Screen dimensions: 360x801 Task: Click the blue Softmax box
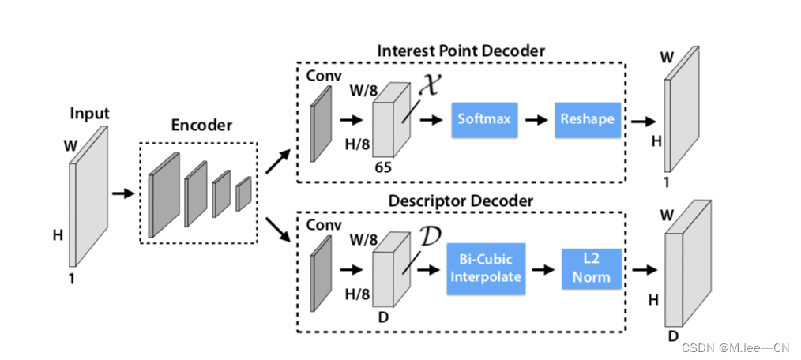point(483,121)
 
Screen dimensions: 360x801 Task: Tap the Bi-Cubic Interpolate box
point(485,269)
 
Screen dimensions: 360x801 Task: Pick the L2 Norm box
point(592,269)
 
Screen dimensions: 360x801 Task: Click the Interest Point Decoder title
point(461,51)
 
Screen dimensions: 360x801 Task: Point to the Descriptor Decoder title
point(449,201)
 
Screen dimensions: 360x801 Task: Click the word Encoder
point(201,125)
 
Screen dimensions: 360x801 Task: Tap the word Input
point(90,114)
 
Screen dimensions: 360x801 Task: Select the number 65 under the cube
point(382,167)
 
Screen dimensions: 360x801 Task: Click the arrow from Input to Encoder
point(122,192)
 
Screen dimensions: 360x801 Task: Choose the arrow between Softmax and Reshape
point(536,121)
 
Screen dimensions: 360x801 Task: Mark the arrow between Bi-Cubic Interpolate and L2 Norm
point(543,269)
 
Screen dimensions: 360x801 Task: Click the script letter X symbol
point(427,86)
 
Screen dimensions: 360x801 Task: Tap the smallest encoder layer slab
point(243,193)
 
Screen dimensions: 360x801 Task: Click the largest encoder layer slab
point(164,194)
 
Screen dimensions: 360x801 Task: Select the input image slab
point(88,197)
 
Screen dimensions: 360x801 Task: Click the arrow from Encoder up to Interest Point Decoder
point(276,162)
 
